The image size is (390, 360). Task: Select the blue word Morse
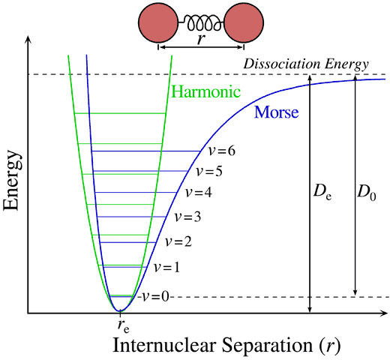(277, 113)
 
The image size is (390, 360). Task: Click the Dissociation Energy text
(307, 64)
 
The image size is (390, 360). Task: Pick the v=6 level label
(220, 151)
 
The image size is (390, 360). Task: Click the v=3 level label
(187, 217)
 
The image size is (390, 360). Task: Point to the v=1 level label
(166, 266)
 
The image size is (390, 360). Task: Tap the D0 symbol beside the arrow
(367, 194)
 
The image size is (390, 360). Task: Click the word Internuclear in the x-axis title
(156, 346)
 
